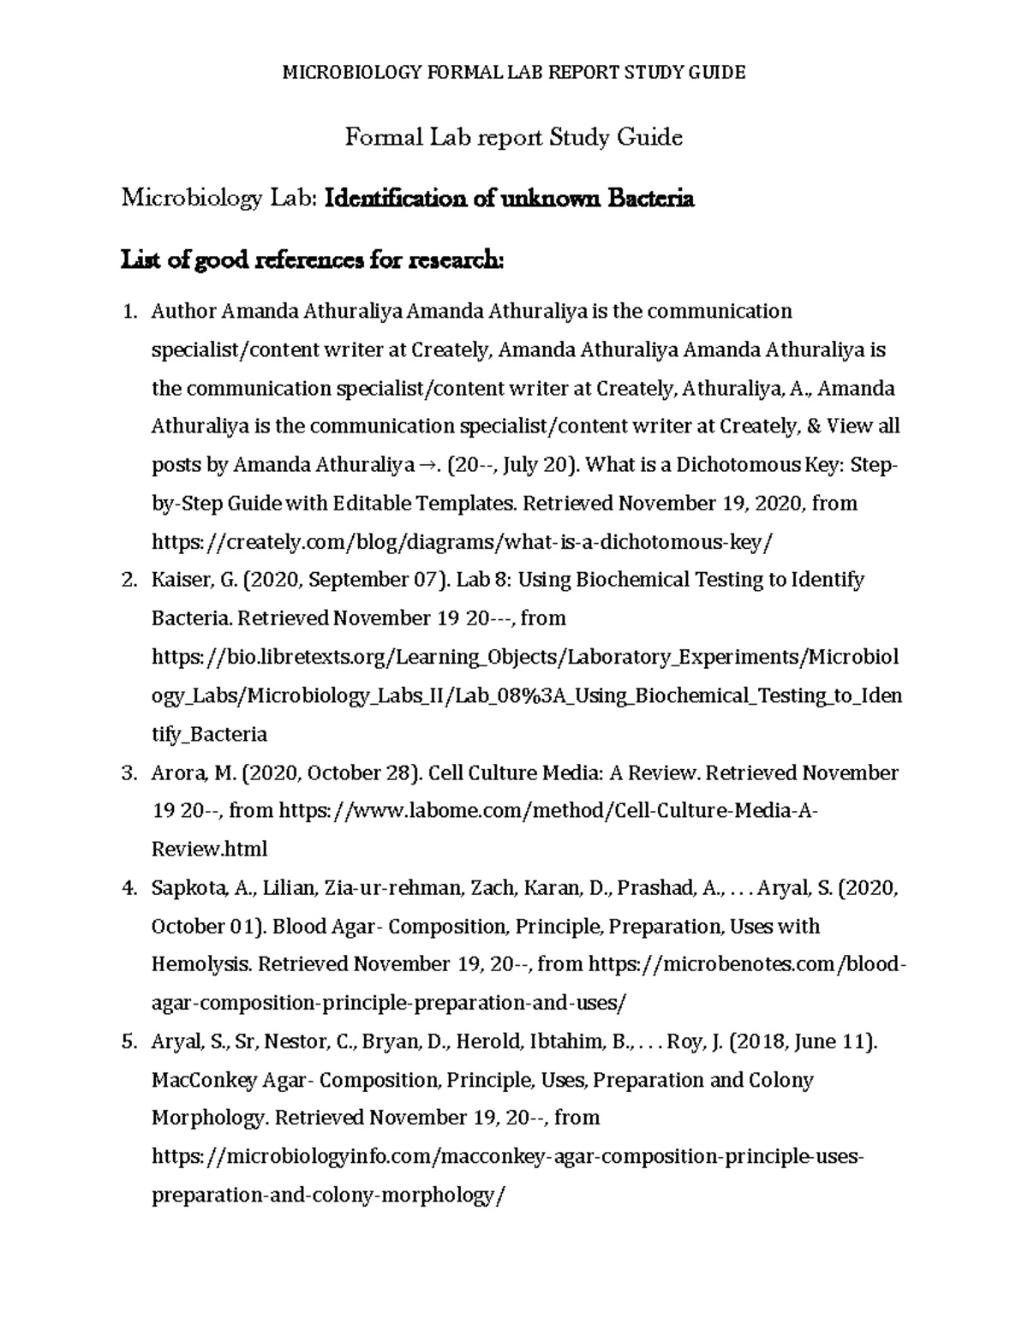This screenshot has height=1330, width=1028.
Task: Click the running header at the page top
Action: coord(514,73)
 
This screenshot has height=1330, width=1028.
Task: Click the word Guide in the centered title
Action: coord(654,137)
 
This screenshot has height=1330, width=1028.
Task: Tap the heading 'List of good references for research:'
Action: coord(313,259)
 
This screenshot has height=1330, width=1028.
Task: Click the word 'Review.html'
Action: coord(209,850)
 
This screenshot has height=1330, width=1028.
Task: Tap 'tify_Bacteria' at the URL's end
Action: coord(209,735)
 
